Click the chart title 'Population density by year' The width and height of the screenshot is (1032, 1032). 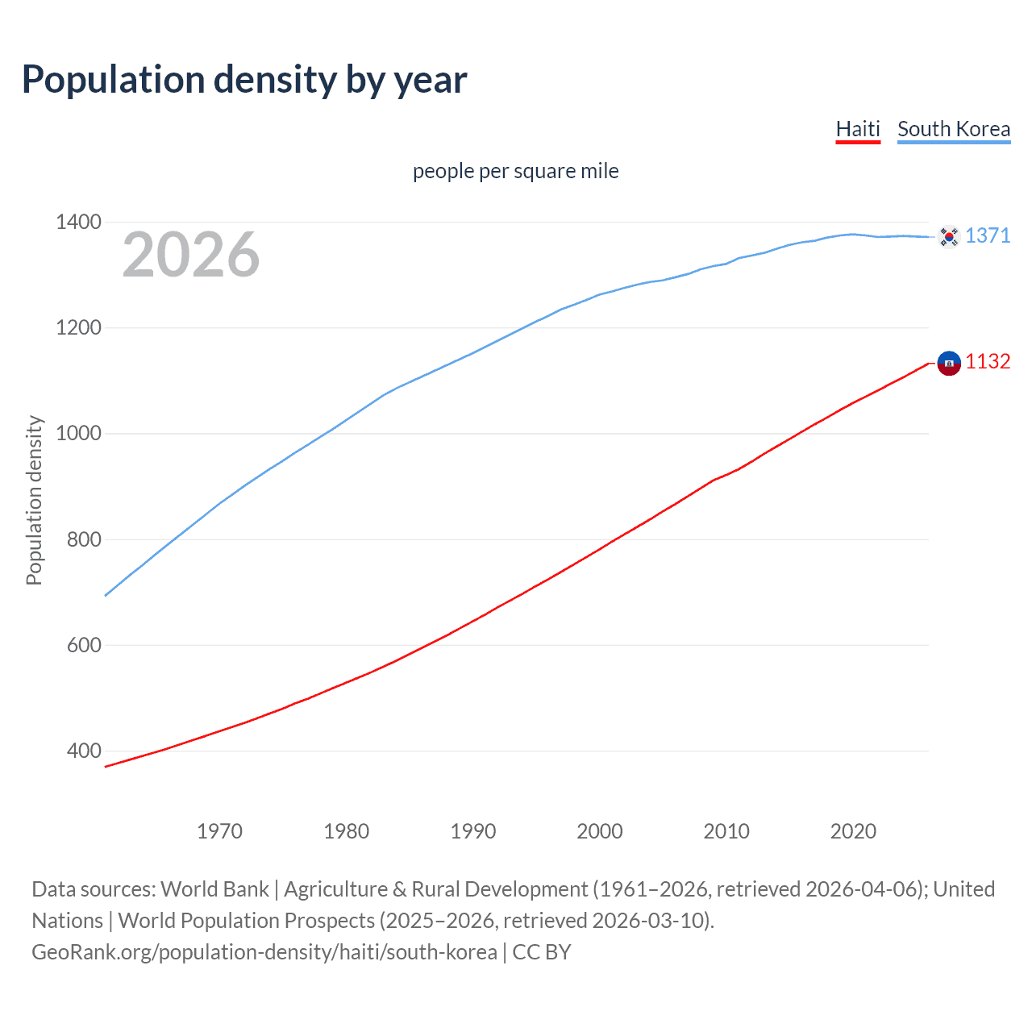coord(244,80)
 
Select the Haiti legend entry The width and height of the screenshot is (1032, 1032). coord(858,129)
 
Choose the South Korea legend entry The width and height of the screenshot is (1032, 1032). coord(954,129)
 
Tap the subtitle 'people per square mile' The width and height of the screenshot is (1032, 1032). coord(515,171)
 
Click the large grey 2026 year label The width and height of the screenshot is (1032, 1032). coord(191,255)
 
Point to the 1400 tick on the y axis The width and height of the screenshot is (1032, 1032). coord(78,222)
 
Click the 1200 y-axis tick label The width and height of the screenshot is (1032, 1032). coord(78,327)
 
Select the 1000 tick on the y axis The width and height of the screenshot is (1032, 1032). coord(78,433)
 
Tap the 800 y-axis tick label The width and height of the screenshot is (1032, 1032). coord(84,539)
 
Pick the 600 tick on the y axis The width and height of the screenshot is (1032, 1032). coord(84,645)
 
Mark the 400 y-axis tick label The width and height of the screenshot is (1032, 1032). coord(84,751)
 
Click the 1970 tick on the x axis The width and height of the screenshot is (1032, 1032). coord(219,831)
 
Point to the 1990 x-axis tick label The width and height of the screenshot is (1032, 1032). coord(473,831)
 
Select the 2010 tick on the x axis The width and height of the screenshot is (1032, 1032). coord(726,831)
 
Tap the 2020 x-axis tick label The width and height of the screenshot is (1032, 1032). coord(853,831)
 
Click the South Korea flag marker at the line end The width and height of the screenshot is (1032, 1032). coord(949,236)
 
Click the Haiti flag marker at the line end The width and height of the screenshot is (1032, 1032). coord(949,364)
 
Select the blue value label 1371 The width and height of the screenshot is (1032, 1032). coord(988,235)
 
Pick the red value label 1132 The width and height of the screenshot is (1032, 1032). coord(988,362)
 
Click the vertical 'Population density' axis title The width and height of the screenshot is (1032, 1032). coord(34,500)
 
